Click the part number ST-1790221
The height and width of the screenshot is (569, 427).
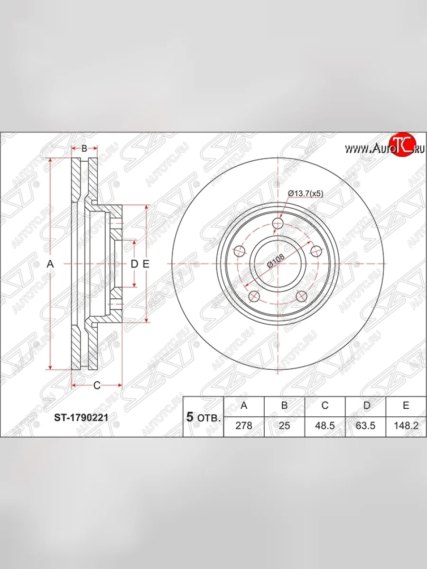pyautogui.click(x=82, y=418)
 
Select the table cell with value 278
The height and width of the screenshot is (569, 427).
pyautogui.click(x=244, y=425)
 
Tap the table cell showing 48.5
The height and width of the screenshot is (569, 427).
pyautogui.click(x=325, y=425)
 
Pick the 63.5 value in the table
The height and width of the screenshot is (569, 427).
pyautogui.click(x=365, y=425)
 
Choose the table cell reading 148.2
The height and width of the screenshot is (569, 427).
pyautogui.click(x=406, y=425)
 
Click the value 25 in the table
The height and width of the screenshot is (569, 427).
pyautogui.click(x=284, y=425)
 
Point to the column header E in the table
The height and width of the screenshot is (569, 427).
pyautogui.click(x=406, y=406)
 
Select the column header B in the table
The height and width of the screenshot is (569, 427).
pyautogui.click(x=284, y=406)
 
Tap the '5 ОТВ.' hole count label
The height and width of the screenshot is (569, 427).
pyautogui.click(x=203, y=417)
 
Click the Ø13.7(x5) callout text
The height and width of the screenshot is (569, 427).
pyautogui.click(x=306, y=193)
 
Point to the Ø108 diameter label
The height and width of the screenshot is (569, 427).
pyautogui.click(x=276, y=261)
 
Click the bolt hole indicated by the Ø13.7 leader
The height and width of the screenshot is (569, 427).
pyautogui.click(x=278, y=223)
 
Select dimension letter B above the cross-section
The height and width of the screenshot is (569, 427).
pyautogui.click(x=84, y=148)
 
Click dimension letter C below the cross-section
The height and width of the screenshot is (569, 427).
pyautogui.click(x=96, y=385)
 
